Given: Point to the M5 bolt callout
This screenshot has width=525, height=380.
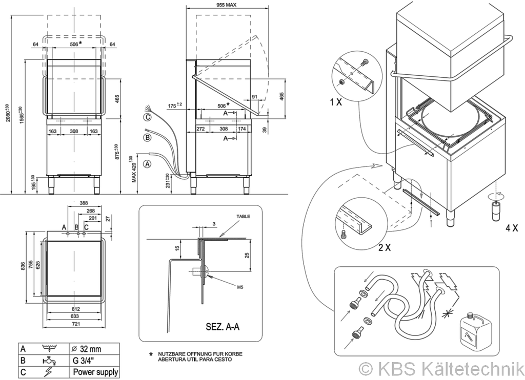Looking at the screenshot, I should (x=240, y=287).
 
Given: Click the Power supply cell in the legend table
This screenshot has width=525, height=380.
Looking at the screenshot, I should (x=95, y=372).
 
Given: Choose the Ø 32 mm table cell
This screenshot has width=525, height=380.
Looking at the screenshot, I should (x=87, y=349).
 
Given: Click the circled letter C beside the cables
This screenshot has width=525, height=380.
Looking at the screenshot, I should (x=148, y=117).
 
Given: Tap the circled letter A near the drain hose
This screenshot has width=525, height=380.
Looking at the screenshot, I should (x=148, y=164).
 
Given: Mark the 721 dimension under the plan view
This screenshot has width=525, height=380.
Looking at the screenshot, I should (x=76, y=325).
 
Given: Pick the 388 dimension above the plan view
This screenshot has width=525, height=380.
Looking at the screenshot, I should (x=84, y=203).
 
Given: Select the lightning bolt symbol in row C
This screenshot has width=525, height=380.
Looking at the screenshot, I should (x=50, y=372).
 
